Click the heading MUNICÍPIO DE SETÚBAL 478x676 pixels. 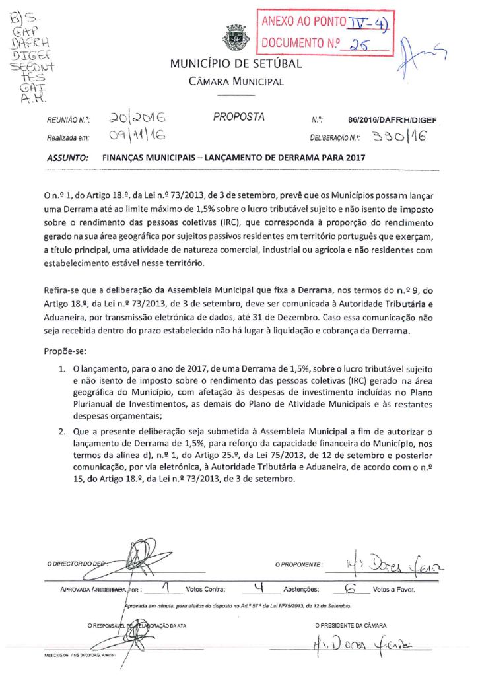tap(236, 64)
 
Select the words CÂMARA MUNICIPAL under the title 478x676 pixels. tap(236, 82)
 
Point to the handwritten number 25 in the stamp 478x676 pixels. tap(360, 44)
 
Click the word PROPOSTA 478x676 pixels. tap(238, 118)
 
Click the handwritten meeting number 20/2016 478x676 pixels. tap(137, 118)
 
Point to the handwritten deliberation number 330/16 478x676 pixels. tap(399, 137)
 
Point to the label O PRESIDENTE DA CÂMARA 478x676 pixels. tap(351, 625)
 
